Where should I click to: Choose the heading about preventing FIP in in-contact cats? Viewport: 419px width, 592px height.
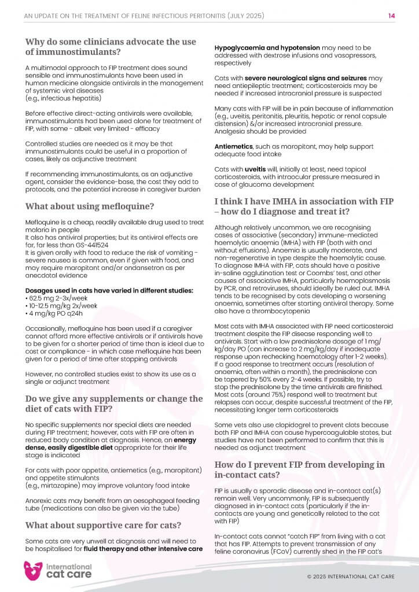(299, 469)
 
